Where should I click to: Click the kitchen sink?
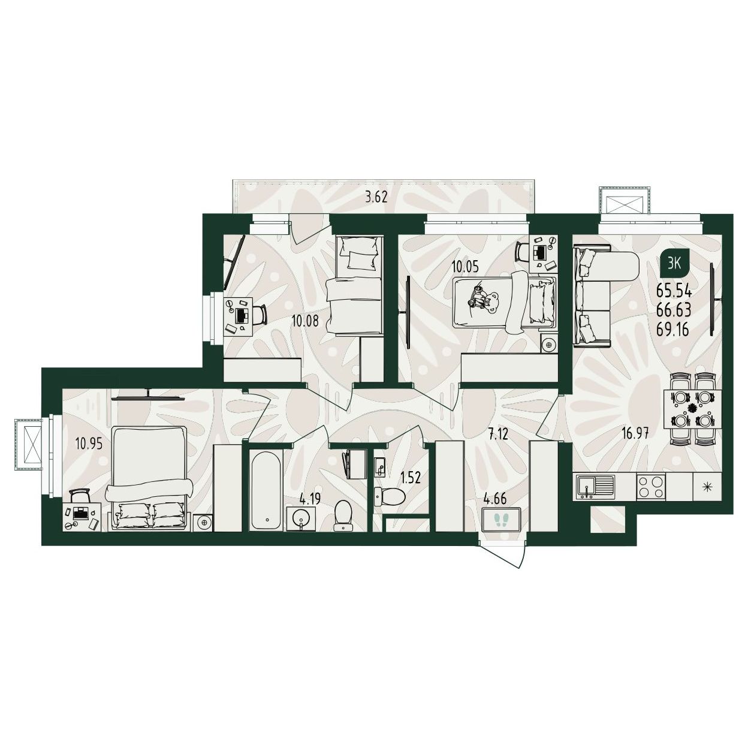click(x=593, y=486)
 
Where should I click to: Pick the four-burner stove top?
click(x=650, y=486)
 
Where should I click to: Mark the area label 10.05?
click(x=465, y=267)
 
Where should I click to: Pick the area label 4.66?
click(x=495, y=499)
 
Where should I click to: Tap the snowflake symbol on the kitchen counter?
click(x=707, y=486)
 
